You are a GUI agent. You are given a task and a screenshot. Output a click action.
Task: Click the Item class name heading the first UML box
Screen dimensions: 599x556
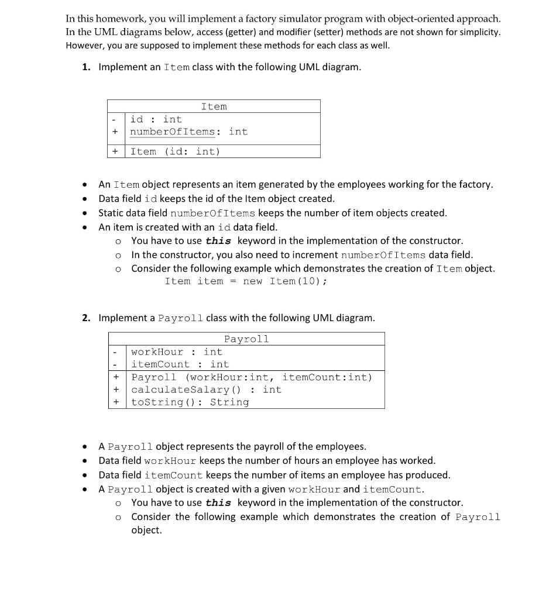point(214,106)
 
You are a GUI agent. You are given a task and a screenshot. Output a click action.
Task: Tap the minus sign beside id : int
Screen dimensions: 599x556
point(115,119)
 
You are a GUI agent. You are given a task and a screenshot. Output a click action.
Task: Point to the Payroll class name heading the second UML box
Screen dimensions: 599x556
point(246,339)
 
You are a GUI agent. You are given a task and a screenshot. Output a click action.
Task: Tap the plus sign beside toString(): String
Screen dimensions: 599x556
point(116,402)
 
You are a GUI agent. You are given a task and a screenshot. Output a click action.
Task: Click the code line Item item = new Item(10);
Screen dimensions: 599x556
point(246,281)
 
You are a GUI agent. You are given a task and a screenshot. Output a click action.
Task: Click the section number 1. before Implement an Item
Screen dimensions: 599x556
point(86,67)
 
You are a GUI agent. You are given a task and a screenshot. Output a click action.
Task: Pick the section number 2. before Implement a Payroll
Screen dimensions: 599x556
point(86,318)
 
